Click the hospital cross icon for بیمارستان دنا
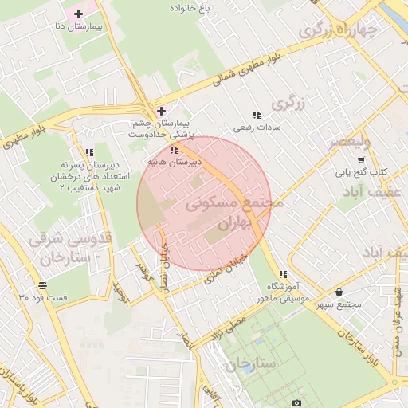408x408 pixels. [x=78, y=14]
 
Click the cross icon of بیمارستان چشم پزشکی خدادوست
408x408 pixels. [x=161, y=111]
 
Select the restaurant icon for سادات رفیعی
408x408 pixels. [x=256, y=115]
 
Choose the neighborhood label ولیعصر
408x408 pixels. [x=350, y=143]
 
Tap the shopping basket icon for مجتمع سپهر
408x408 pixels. [x=340, y=292]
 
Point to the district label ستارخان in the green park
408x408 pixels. [x=250, y=364]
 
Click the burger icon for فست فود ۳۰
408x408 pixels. [x=41, y=285]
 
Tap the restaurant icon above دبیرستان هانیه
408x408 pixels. [x=174, y=149]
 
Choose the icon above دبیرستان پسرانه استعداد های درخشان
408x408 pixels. [x=89, y=151]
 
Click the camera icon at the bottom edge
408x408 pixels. [x=296, y=404]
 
